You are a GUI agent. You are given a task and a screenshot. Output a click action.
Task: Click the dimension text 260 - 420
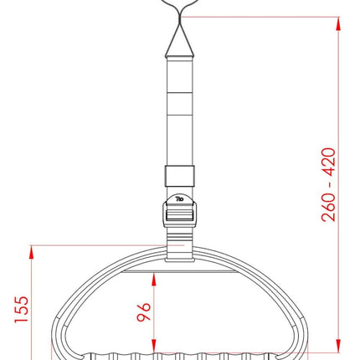tap(328, 184)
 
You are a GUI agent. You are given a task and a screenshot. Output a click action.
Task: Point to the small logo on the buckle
tap(179, 200)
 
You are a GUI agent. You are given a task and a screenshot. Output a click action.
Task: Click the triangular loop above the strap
tap(180, 38)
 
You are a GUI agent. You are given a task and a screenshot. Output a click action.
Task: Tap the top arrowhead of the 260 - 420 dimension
tap(339, 22)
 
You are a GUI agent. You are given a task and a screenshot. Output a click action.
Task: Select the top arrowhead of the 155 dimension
tap(33, 250)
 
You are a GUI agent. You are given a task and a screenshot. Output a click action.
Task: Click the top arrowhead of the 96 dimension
tap(156, 277)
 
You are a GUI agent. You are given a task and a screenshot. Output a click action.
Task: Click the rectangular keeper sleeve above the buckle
tap(180, 177)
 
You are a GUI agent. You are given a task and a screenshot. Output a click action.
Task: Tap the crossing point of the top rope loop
tap(180, 16)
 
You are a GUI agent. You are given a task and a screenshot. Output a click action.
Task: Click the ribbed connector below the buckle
tap(180, 246)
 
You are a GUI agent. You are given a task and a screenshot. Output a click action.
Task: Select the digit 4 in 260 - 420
tap(328, 169)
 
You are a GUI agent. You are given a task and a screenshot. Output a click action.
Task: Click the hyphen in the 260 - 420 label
tap(328, 186)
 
